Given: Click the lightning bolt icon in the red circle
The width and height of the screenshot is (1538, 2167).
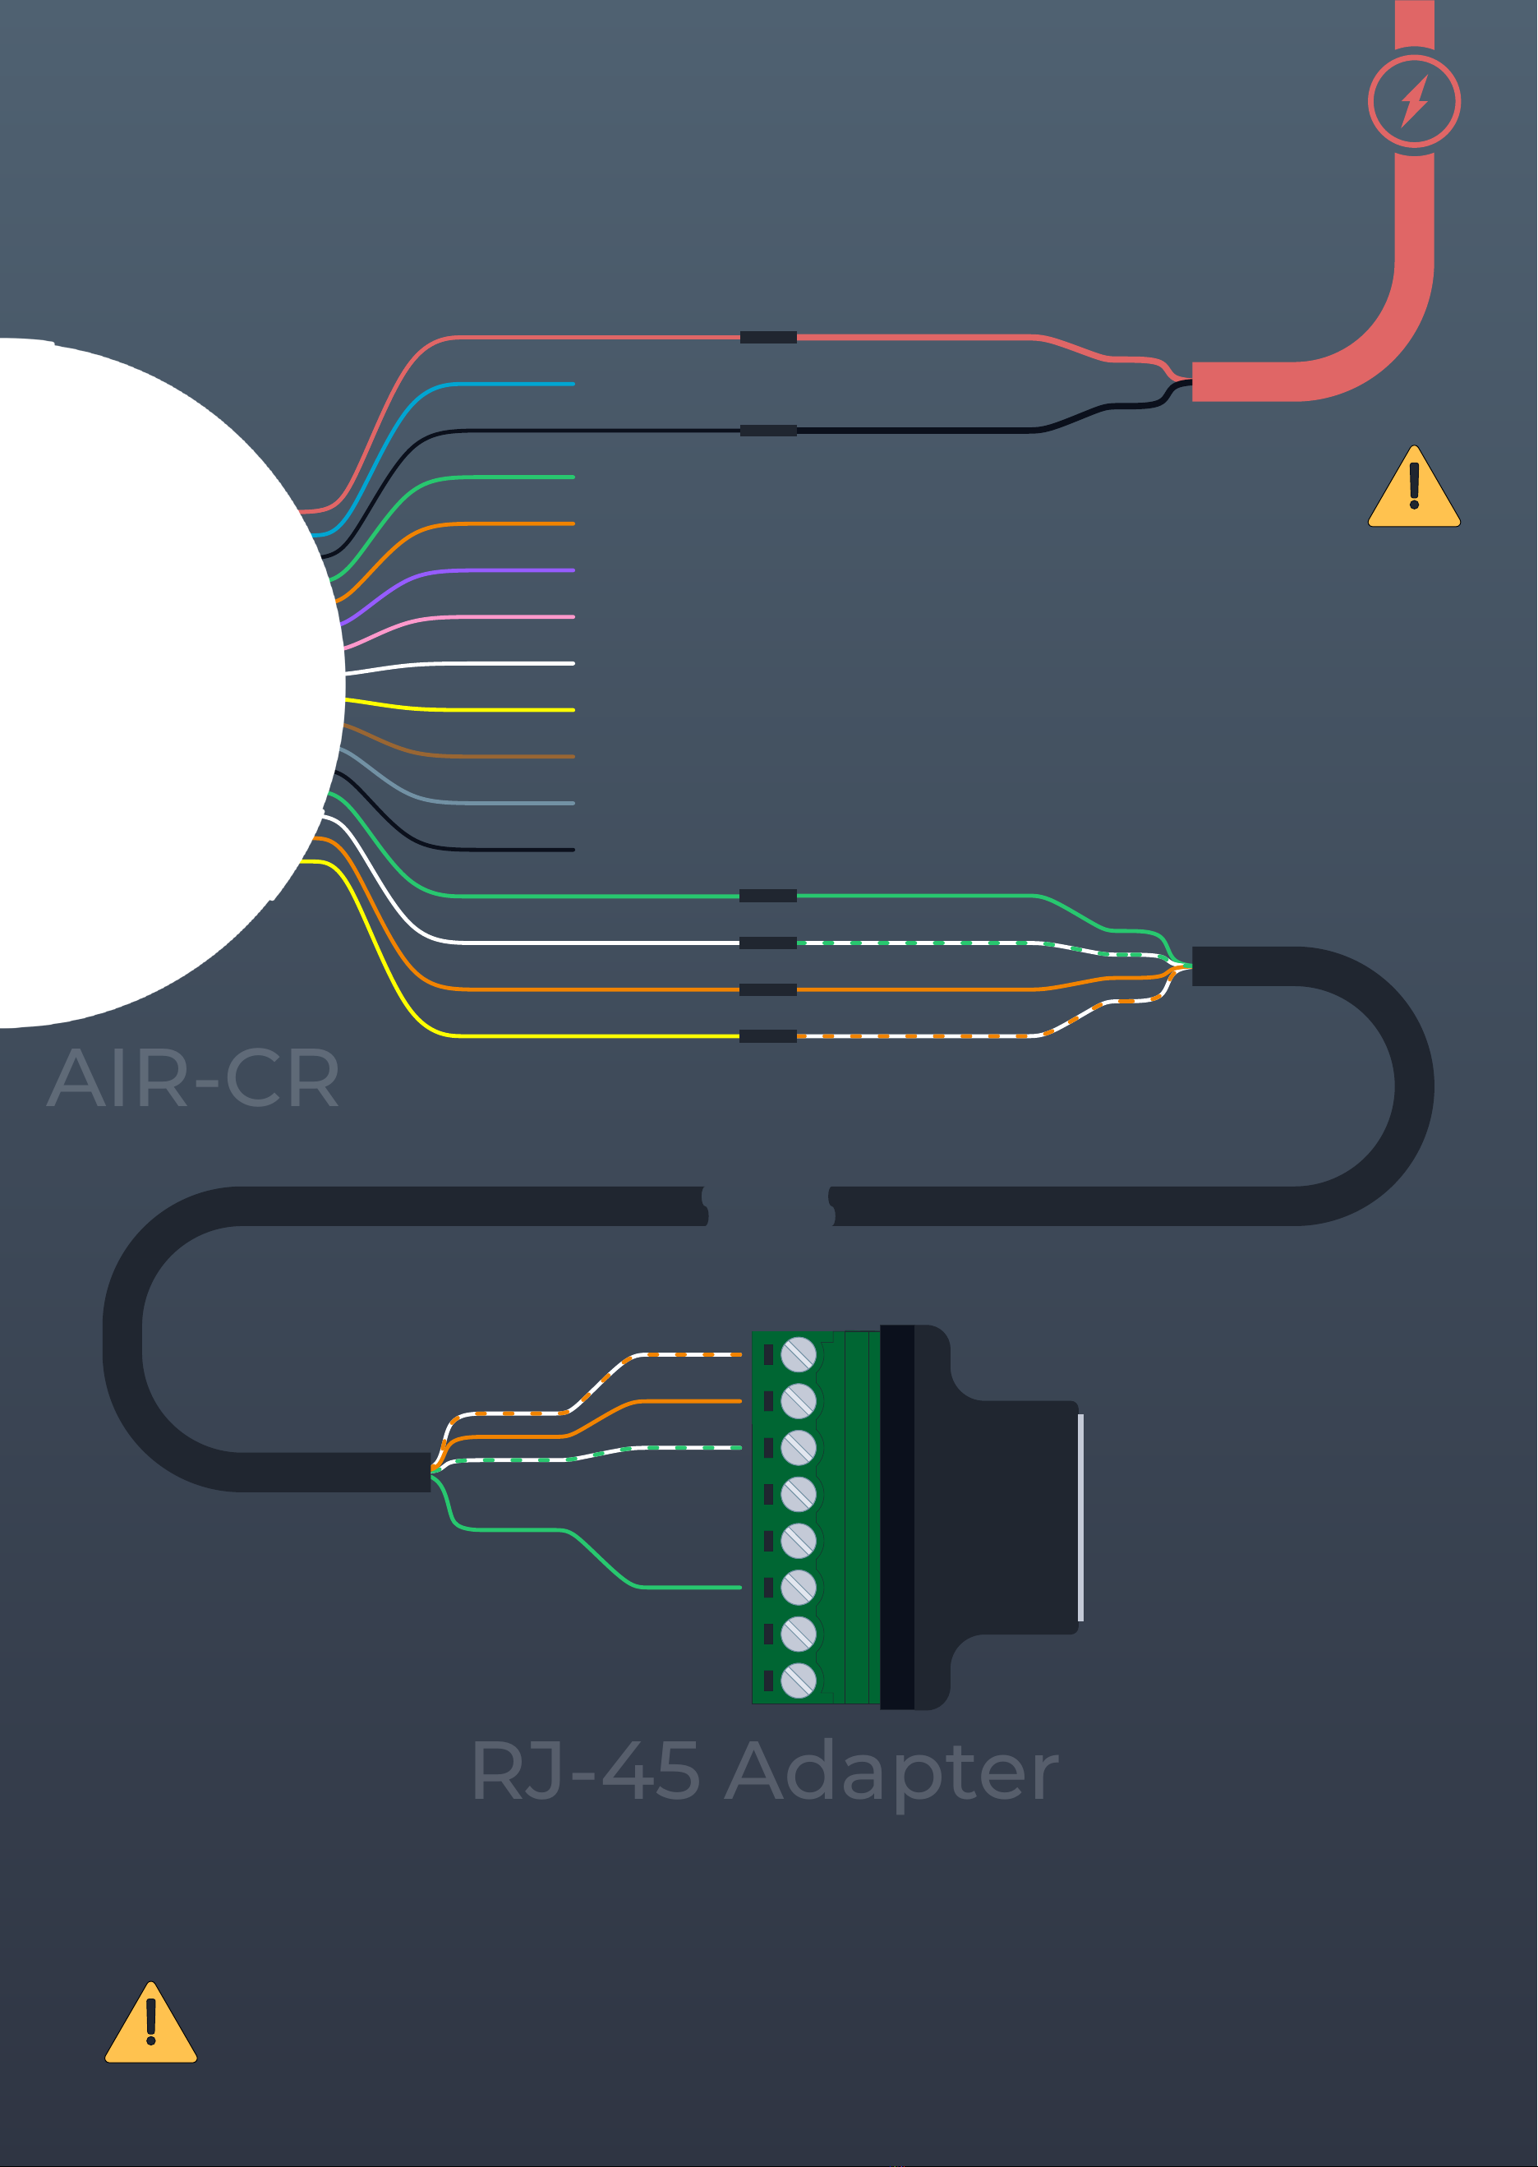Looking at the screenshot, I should [x=1414, y=101].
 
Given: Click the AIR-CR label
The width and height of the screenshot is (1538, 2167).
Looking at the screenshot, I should [x=193, y=1079].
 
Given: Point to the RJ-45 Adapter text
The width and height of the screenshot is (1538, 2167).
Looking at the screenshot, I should [x=764, y=1771].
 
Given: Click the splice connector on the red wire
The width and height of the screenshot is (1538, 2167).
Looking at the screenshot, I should [x=768, y=337].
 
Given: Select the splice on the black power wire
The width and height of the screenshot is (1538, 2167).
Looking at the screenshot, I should [x=768, y=430].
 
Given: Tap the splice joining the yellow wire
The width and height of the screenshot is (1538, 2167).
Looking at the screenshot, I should [x=768, y=1036].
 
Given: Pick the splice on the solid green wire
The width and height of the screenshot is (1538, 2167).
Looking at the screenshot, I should [x=768, y=896].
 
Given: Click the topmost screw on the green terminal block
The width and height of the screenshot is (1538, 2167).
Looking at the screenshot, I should [x=799, y=1354].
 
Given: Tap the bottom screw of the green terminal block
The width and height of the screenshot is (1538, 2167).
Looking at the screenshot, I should [x=799, y=1681].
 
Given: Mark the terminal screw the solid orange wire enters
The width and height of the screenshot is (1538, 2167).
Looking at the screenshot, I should [x=799, y=1401].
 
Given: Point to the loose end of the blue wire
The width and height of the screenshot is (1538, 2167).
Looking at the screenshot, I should [x=571, y=384].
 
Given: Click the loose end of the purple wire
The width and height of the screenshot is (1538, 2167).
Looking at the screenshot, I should [x=571, y=570].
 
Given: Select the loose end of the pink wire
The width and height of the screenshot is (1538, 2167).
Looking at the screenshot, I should [x=571, y=616].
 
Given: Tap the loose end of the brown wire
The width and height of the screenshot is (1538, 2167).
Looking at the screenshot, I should [x=571, y=757].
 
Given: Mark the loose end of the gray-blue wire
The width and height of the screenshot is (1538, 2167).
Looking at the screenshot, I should [x=571, y=803].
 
